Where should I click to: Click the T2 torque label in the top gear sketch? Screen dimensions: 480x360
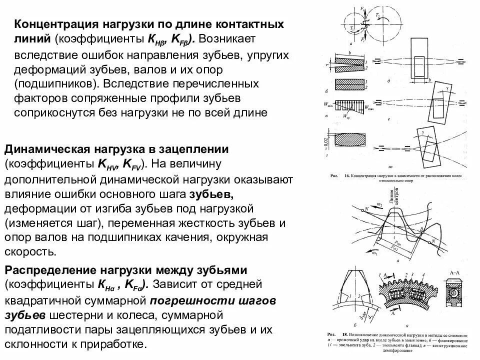378,16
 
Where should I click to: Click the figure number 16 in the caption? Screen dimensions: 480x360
344,176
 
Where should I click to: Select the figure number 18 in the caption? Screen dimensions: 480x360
344,332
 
